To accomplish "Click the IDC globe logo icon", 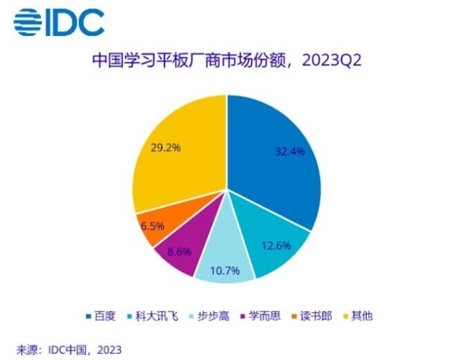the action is coord(27,22).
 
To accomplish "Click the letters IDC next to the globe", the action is coord(75,22).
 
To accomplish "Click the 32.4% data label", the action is coord(290,151).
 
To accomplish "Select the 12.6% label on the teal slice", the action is coord(276,245).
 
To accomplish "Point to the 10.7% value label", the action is coord(225,271).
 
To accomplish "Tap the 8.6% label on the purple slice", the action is coord(179,252).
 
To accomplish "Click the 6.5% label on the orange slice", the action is coord(153,226).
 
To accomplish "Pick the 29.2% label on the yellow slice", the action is coord(166,148).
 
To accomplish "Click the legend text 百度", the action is coord(105,316).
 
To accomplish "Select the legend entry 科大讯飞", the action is coord(157,316).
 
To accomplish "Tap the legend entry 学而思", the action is coord(264,316).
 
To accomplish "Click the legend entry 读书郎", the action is coord(316,316).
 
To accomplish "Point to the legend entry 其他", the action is coord(362,316).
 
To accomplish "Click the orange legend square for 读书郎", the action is coord(294,316).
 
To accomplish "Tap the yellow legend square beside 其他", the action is coord(346,316).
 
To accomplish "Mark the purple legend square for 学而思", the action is coord(243,316).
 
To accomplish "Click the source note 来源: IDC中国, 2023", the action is coord(69,350).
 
